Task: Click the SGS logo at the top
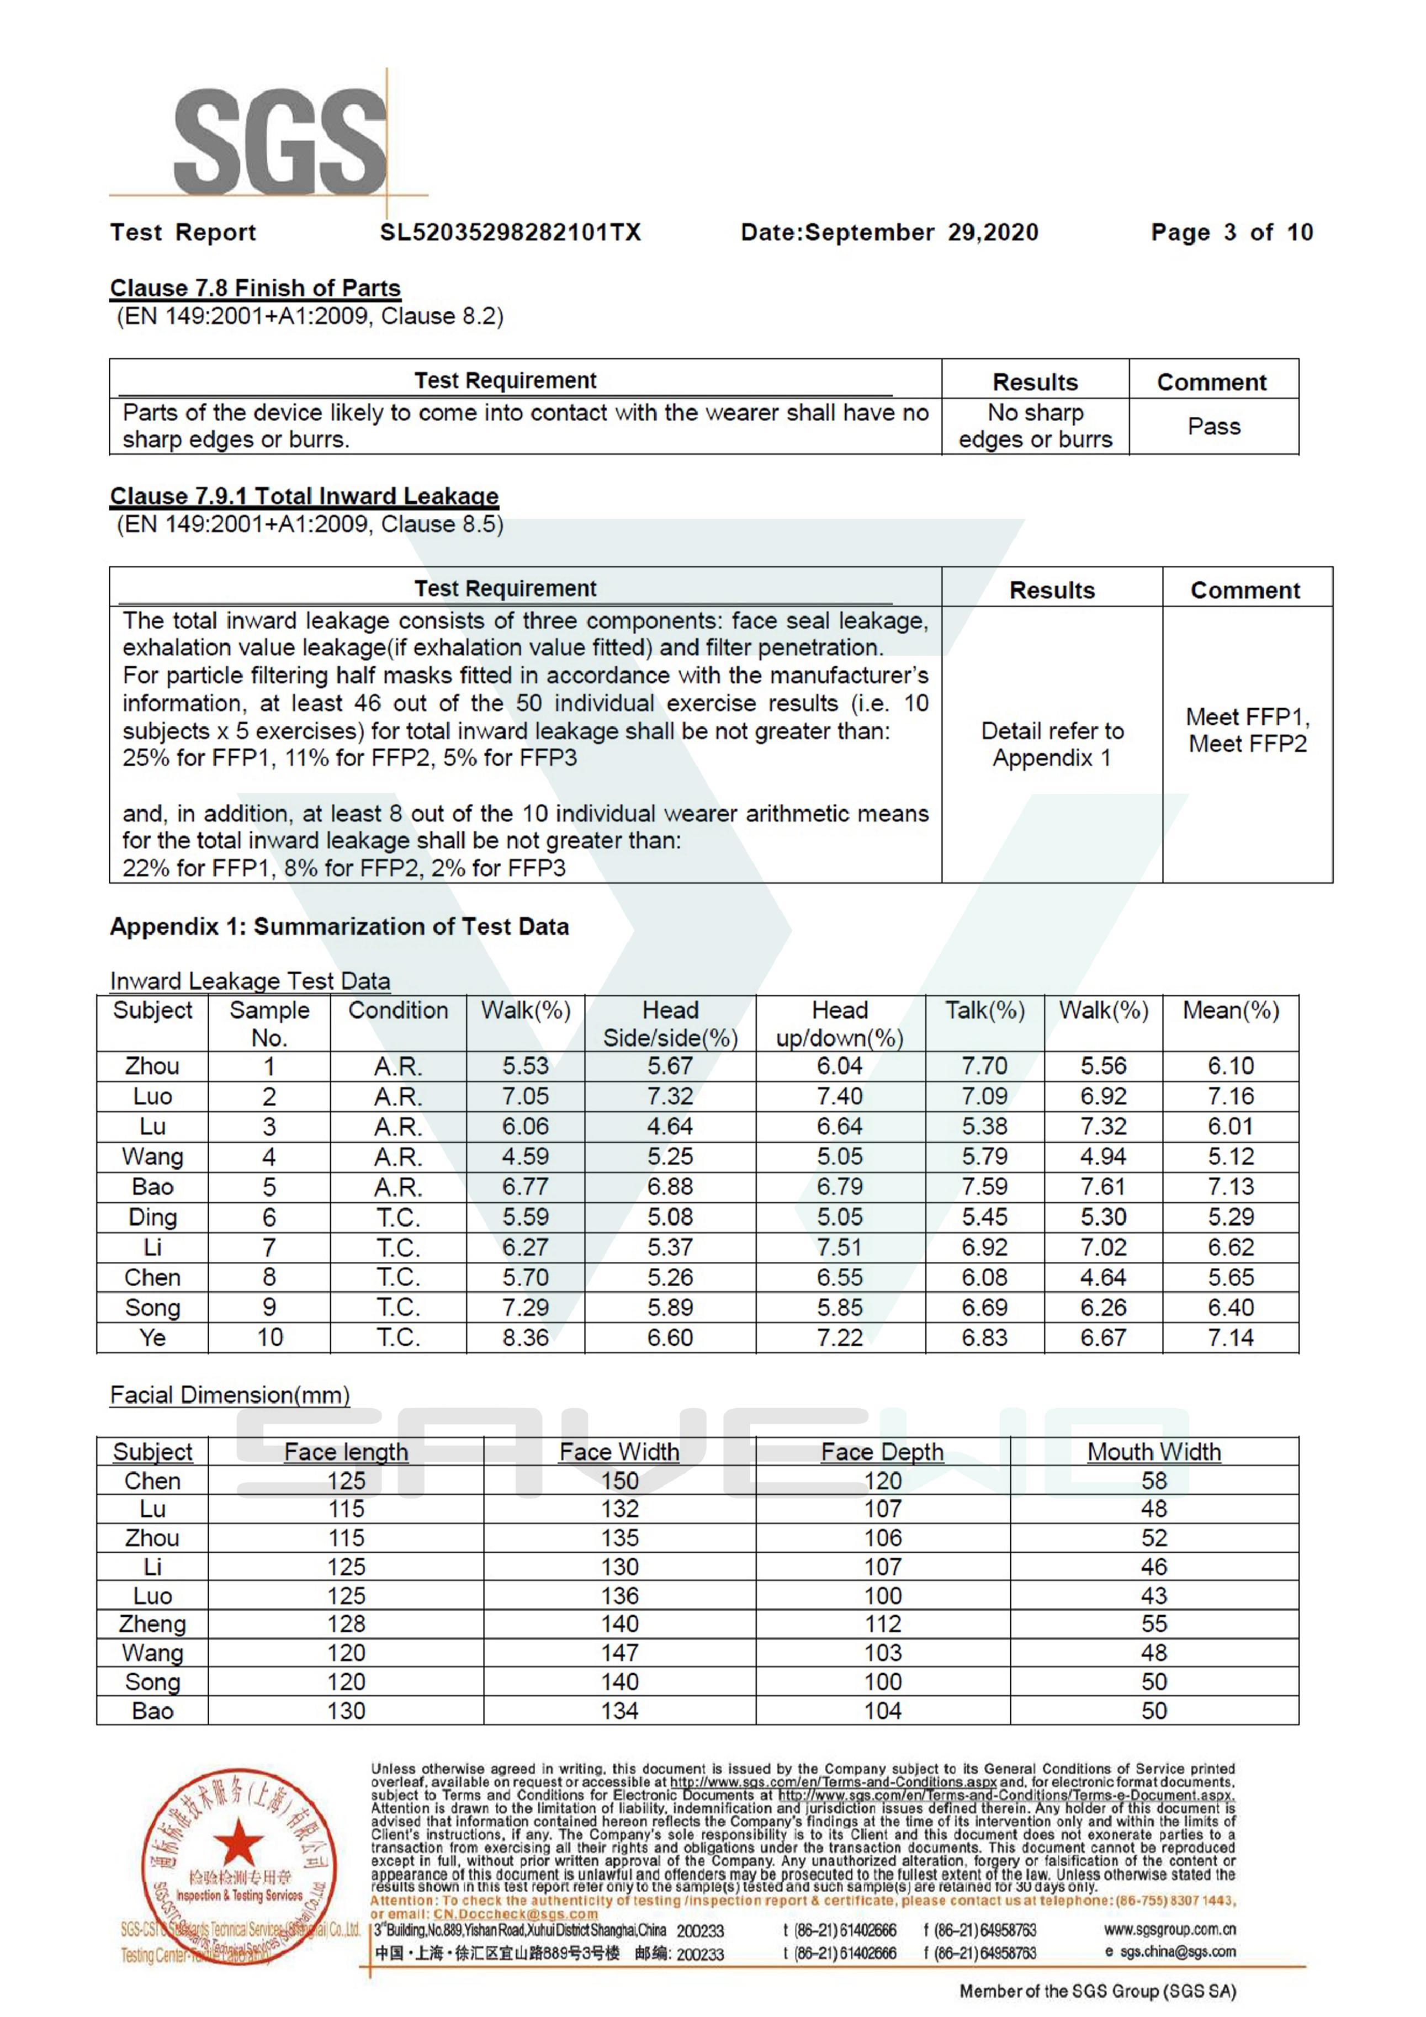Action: point(279,142)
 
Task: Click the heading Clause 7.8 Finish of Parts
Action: point(255,288)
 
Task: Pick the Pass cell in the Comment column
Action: point(1213,427)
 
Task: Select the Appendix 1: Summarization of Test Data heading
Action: point(339,927)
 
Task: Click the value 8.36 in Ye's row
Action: point(526,1338)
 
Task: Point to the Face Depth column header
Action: point(882,1452)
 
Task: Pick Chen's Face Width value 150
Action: point(619,1481)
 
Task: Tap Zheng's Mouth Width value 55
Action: point(1154,1625)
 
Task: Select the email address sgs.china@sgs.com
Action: point(1178,1952)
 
